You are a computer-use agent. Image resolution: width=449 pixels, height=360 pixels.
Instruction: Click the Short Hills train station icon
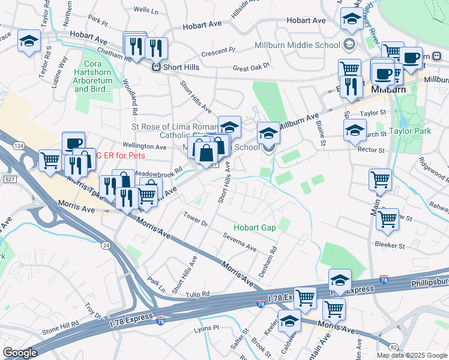(x=155, y=67)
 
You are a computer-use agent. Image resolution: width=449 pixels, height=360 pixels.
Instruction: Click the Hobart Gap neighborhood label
(x=255, y=227)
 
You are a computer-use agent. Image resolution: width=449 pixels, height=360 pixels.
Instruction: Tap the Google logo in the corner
(x=20, y=353)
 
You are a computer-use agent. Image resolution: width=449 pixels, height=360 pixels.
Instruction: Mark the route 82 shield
(x=393, y=347)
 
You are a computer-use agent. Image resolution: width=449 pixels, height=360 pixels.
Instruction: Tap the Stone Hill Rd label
(x=61, y=328)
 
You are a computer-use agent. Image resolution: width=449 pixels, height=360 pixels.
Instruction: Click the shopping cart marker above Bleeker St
(x=388, y=219)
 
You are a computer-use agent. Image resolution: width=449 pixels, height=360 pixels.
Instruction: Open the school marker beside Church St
(x=355, y=130)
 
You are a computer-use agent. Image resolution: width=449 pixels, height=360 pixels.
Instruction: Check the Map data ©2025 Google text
(x=412, y=355)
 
